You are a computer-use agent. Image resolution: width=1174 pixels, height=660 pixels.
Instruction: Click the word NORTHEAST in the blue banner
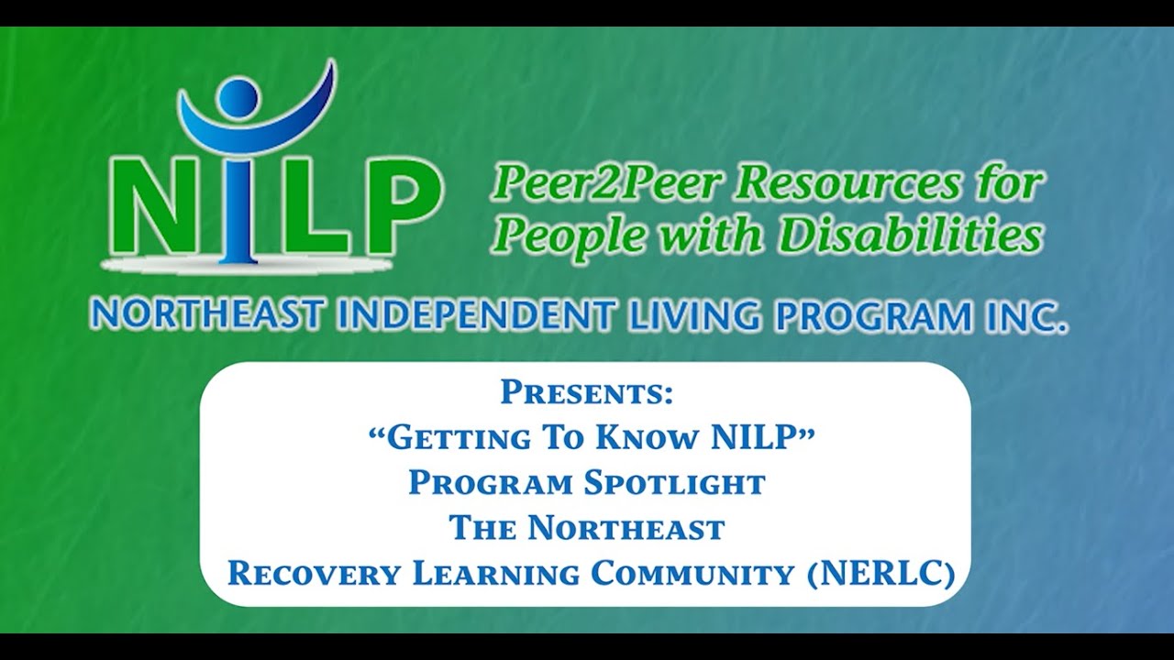(x=206, y=316)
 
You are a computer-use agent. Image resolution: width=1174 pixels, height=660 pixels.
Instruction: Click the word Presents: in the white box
(x=587, y=393)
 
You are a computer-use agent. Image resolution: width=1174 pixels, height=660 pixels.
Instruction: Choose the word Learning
(x=495, y=574)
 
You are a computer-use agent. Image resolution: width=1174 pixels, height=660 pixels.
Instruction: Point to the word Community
(x=692, y=574)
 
